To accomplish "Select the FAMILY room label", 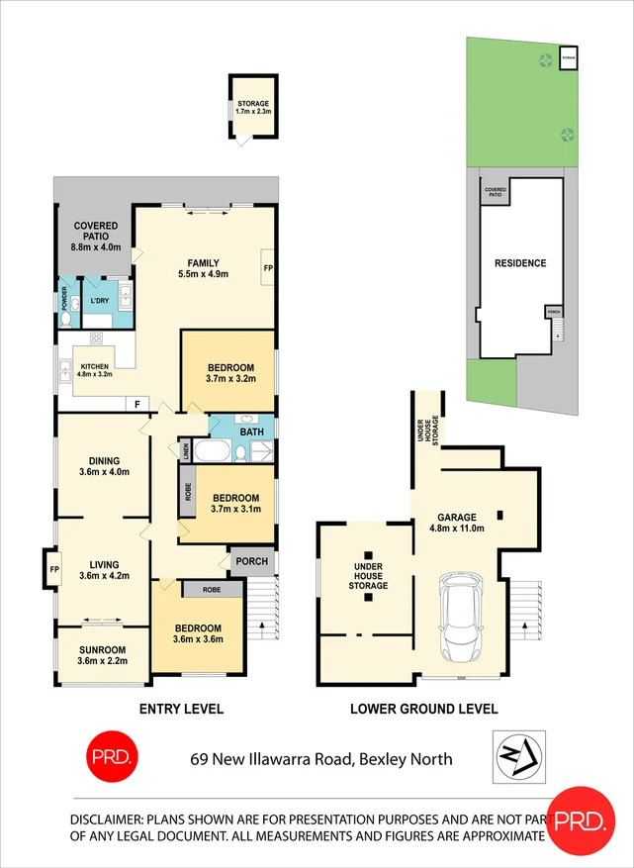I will (x=204, y=261).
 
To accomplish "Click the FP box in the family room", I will (x=267, y=267).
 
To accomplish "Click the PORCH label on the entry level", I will (x=249, y=561).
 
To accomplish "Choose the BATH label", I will (x=251, y=432).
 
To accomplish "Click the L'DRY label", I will (x=98, y=300).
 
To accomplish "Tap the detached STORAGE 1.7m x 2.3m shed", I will (x=252, y=108).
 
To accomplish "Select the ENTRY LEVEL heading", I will (x=181, y=709).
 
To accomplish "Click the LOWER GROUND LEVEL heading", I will (x=423, y=709).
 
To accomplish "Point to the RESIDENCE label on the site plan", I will (x=519, y=263).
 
